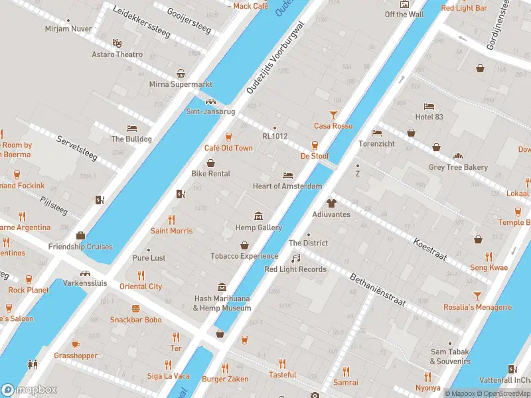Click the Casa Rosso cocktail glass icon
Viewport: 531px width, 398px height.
334,115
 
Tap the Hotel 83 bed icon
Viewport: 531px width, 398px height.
429,106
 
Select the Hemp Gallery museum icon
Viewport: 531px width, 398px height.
258,216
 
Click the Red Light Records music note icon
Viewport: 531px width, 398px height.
296,258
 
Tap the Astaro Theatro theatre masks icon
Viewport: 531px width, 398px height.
117,42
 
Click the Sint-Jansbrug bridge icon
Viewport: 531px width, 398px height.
210,101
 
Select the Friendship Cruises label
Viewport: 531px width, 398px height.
80,247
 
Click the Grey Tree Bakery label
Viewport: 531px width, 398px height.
458,168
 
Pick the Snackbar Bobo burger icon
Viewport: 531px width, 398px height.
135,308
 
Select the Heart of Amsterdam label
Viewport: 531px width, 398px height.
287,186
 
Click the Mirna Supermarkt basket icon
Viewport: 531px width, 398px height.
181,74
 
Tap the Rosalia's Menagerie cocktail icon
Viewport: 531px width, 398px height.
477,296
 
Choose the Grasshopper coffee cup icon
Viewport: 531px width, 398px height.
76,344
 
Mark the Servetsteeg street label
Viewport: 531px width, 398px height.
77,148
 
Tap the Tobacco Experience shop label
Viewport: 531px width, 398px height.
244,256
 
